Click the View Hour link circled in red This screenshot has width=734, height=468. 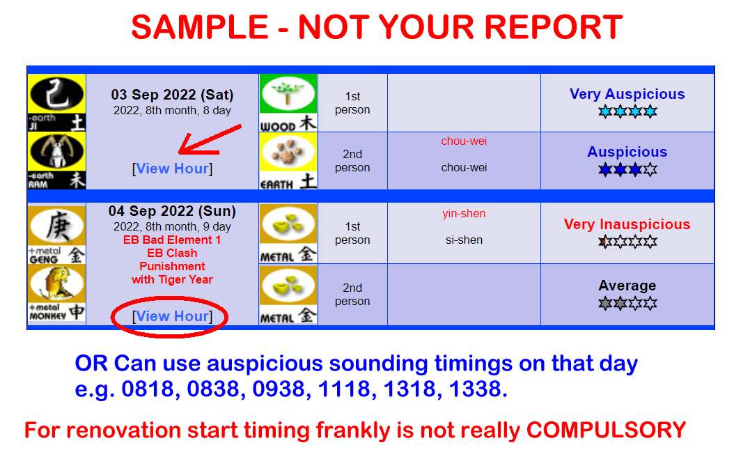click(x=172, y=316)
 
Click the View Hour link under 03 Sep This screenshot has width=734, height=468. click(x=172, y=169)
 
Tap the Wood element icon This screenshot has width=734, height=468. click(x=288, y=102)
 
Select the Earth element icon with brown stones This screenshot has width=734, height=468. click(x=288, y=161)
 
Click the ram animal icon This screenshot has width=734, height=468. click(x=56, y=160)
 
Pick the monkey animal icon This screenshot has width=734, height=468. click(x=56, y=293)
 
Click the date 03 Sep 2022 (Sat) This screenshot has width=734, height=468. click(x=172, y=95)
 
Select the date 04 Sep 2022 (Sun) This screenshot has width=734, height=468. click(x=172, y=211)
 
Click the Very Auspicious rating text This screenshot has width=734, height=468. click(x=627, y=94)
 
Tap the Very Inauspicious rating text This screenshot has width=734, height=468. click(x=627, y=224)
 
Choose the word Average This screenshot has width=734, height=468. click(x=627, y=286)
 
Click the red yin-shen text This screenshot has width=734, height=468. click(x=464, y=213)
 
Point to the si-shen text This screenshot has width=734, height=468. click(x=464, y=240)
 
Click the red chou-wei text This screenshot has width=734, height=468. click(x=464, y=141)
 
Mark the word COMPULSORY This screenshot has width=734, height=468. click(x=606, y=430)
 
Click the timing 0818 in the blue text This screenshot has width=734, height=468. click(x=148, y=389)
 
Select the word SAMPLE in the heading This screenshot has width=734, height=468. click(x=199, y=27)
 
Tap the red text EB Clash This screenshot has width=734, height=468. click(x=172, y=253)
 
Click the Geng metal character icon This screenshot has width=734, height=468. click(x=56, y=234)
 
